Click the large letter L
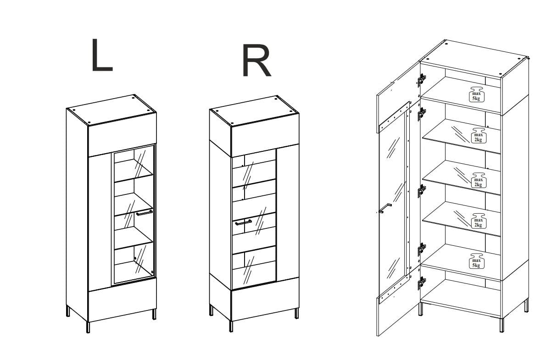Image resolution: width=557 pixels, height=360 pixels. coord(102,55)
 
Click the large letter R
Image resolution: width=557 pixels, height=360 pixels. coord(256,61)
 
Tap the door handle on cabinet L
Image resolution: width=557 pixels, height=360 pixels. coord(144,213)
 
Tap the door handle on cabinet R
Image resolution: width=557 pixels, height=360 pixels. coord(243,222)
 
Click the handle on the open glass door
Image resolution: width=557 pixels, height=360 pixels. coord(385,208)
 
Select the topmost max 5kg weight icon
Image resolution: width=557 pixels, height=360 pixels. coord(476,94)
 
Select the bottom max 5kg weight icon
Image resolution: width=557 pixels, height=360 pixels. coord(476,261)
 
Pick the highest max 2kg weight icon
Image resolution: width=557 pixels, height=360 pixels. coord(479,136)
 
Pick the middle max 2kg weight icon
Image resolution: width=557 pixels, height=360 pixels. coord(479,180)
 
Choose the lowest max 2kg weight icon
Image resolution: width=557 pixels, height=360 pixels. coord(479,221)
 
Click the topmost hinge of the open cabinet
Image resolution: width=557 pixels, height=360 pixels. coord(421,80)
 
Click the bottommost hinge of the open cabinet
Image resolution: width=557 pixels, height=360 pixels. coord(421,283)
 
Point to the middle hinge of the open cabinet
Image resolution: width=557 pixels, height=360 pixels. coord(421,191)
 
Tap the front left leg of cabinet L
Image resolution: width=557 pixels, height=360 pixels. coord(88,327)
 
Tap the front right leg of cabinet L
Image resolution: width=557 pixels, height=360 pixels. coord(154,314)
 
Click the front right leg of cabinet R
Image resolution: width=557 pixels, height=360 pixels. coord(297,314)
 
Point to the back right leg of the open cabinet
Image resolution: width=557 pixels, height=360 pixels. coord(526,305)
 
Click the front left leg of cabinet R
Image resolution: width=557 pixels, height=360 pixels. coord(231,327)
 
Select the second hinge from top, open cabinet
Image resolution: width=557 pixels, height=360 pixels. coord(421,114)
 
